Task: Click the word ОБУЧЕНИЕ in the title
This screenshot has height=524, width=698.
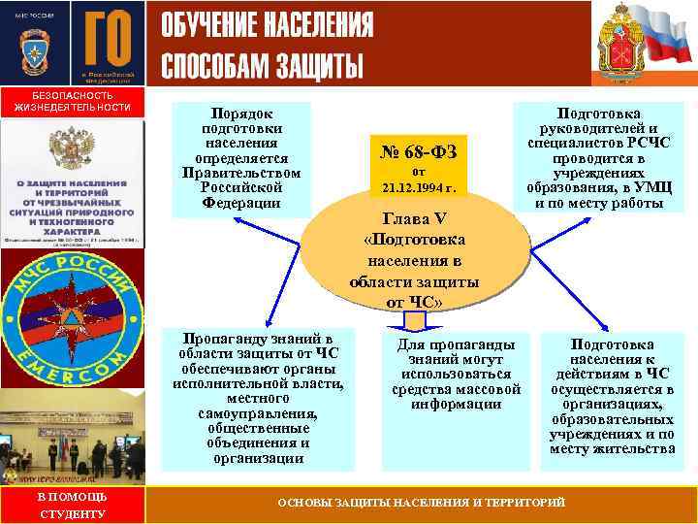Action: coord(210,22)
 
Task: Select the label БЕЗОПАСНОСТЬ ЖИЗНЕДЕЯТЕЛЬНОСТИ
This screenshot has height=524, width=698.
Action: coord(72,102)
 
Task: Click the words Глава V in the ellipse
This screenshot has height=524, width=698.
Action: coord(414,219)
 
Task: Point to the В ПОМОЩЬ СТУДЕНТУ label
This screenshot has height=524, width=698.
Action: coord(72,505)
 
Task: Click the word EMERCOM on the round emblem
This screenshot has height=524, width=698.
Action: coord(72,365)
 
